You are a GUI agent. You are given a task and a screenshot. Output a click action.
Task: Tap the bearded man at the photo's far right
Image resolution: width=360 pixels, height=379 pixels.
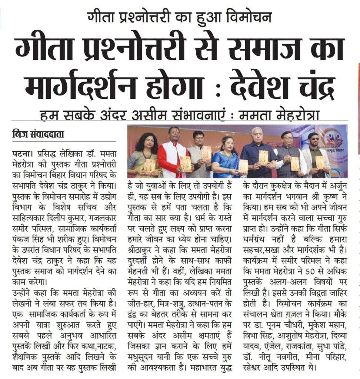click(315, 155)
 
